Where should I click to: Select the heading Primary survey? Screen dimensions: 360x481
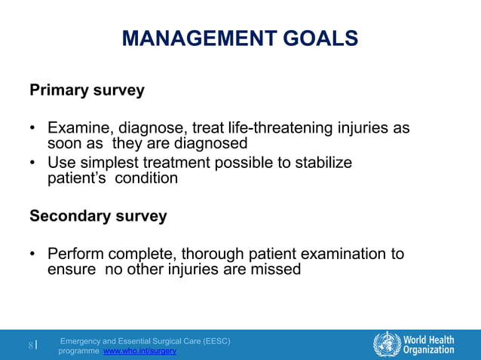point(87,90)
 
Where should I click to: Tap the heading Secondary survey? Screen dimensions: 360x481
point(98,216)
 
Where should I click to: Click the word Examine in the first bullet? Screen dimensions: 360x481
point(78,128)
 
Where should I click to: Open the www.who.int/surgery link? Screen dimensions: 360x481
point(139,352)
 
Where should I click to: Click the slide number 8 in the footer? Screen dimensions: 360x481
point(31,346)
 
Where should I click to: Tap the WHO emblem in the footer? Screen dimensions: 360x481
point(387,344)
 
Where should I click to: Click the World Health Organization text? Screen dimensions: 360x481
point(428,344)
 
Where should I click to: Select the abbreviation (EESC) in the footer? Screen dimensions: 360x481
point(214,341)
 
